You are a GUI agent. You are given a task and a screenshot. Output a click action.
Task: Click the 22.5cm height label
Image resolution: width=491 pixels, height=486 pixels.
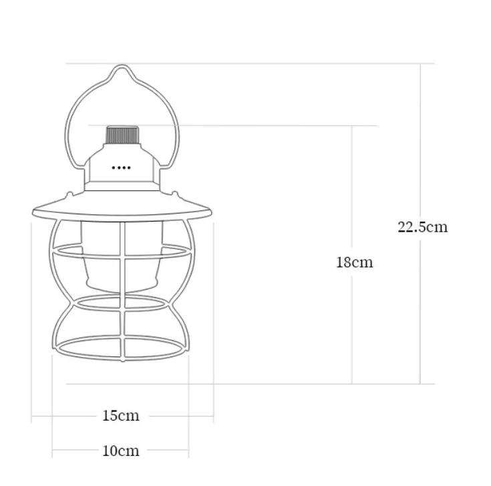pos(422,226)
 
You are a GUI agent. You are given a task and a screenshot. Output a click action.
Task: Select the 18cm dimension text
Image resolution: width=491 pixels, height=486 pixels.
pos(354,262)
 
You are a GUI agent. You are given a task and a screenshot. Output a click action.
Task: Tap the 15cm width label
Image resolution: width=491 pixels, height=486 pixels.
pos(121,416)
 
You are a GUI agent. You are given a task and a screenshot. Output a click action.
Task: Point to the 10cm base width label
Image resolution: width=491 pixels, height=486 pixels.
pos(121,451)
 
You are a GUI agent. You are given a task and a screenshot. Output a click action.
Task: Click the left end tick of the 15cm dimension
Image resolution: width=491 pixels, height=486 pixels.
pos(32,416)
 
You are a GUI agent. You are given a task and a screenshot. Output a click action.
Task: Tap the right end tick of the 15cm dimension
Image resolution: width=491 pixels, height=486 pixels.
pos(213,416)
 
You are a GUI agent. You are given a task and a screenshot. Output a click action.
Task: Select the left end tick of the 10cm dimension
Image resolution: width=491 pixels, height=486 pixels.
pos(52,451)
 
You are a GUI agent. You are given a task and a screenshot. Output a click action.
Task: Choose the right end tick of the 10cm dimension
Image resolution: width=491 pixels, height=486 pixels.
pos(190,451)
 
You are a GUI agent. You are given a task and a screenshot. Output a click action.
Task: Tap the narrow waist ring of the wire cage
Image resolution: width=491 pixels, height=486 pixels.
pos(121,303)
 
